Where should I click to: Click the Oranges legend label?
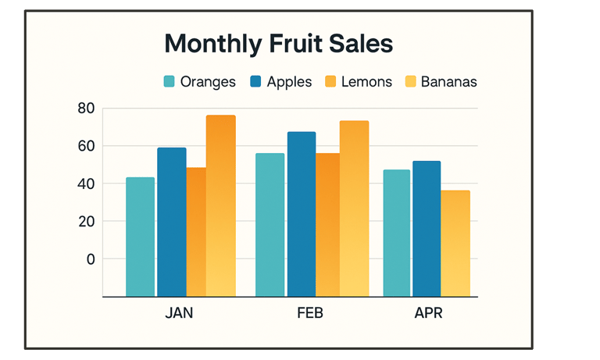coord(208,82)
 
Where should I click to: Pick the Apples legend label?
coord(289,82)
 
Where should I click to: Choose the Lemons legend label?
coord(367,82)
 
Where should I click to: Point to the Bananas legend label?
coord(448,82)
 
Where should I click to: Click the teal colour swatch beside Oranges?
coord(170,82)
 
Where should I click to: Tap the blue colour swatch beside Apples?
coord(255,82)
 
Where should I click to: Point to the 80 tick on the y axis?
coord(86,109)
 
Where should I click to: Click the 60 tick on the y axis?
coord(86,146)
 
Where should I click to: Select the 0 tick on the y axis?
coord(90,258)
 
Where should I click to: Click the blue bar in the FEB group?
coord(302,214)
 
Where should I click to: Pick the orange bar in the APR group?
coord(455,243)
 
